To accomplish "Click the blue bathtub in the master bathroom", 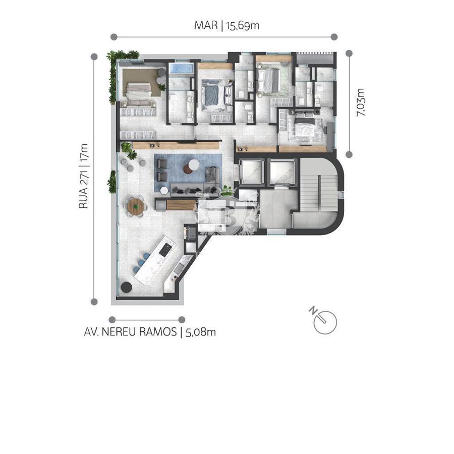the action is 181,69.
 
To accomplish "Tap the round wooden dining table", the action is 136,206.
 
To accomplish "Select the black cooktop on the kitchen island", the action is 165,250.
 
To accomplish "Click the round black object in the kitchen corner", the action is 126,287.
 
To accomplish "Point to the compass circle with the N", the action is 325,322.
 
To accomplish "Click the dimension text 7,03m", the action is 361,102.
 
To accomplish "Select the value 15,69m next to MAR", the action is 243,26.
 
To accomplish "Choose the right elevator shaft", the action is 282,172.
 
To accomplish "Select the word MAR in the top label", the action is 206,26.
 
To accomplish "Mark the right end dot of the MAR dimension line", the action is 334,37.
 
